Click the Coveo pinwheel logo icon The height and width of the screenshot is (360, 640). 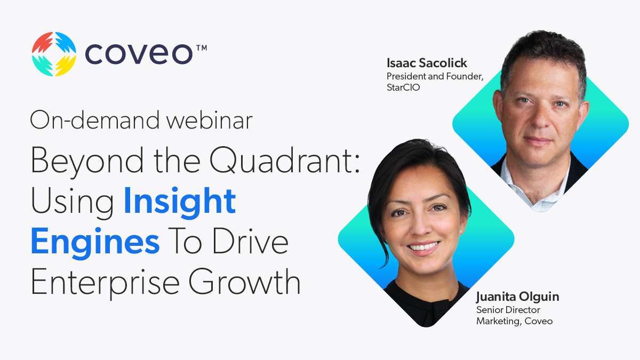(54, 54)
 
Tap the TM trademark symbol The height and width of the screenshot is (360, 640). (201, 48)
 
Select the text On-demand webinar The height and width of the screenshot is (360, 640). (141, 121)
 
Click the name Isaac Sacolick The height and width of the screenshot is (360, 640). (427, 64)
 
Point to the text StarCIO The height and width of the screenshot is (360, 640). (404, 87)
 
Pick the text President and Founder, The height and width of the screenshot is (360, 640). (435, 76)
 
